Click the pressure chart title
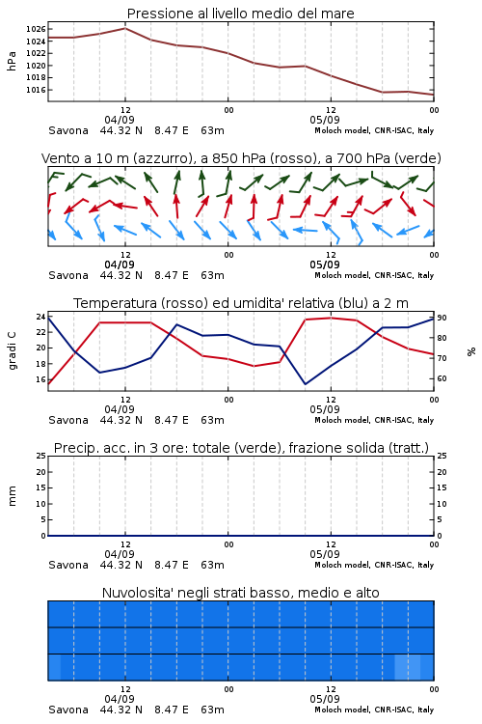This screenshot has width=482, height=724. pyautogui.click(x=241, y=14)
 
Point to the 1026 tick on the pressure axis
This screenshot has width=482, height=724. pyautogui.click(x=36, y=29)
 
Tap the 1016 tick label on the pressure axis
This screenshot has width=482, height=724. pyautogui.click(x=36, y=90)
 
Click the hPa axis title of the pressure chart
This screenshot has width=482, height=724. pyautogui.click(x=12, y=61)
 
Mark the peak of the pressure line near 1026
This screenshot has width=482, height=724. pyautogui.click(x=125, y=28)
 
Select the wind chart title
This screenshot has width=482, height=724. pyautogui.click(x=241, y=158)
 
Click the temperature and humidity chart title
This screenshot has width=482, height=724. pyautogui.click(x=241, y=303)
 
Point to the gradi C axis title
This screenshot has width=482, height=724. pyautogui.click(x=13, y=351)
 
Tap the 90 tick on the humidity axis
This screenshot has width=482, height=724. pyautogui.click(x=442, y=318)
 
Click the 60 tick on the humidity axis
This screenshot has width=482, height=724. pyautogui.click(x=442, y=378)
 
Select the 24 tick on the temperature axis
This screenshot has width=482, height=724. pyautogui.click(x=40, y=317)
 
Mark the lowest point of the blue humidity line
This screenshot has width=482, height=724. pyautogui.click(x=305, y=384)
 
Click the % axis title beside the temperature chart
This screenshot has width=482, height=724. pyautogui.click(x=471, y=351)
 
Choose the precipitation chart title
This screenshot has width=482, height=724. pyautogui.click(x=241, y=448)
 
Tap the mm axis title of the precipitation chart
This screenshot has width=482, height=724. pyautogui.click(x=12, y=496)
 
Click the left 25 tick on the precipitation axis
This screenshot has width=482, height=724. pyautogui.click(x=40, y=456)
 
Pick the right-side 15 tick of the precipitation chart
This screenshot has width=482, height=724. pyautogui.click(x=442, y=487)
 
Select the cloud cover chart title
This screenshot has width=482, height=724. pyautogui.click(x=241, y=593)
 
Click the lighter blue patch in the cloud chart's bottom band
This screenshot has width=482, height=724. pyautogui.click(x=408, y=667)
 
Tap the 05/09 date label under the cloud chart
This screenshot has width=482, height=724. pyautogui.click(x=325, y=699)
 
